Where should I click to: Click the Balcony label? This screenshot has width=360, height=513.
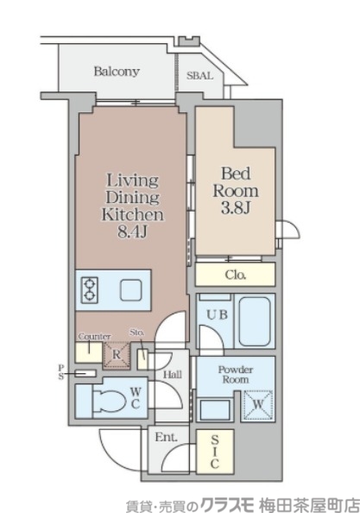[x=117, y=72]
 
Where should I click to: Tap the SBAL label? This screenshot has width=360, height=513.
[x=199, y=76]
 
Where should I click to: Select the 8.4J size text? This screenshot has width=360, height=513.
[x=132, y=231]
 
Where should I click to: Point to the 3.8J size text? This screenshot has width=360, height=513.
[x=236, y=207]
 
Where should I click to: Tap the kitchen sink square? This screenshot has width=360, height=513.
[x=130, y=290]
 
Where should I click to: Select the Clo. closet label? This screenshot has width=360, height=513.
[x=236, y=275]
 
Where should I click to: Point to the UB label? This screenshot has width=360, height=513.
[x=217, y=314]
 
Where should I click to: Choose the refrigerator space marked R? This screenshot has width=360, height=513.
[x=117, y=354]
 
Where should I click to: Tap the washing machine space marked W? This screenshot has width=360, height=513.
[x=258, y=405]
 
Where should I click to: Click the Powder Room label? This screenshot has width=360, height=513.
[x=236, y=375]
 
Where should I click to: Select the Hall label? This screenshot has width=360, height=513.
[x=173, y=375]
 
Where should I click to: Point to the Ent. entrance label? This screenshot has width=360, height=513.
[x=167, y=437]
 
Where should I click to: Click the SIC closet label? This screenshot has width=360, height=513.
[x=214, y=452]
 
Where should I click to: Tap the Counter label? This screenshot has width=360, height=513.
[x=94, y=337]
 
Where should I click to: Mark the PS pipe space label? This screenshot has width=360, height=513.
[x=61, y=372]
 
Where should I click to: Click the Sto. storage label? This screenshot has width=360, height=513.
[x=137, y=332]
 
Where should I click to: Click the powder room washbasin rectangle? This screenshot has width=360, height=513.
[x=214, y=409]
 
